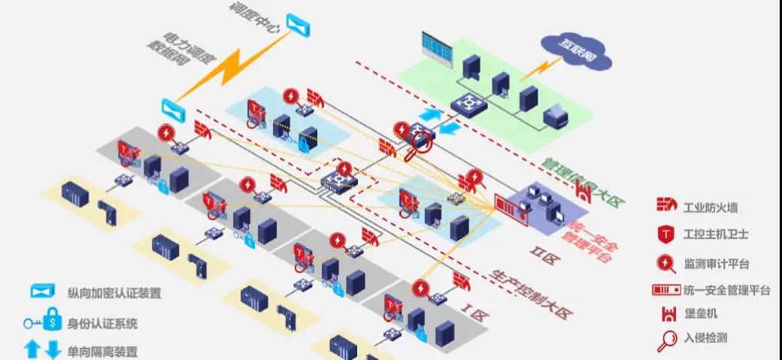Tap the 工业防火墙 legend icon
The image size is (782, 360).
[665, 204]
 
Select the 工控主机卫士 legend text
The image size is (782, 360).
[715, 234]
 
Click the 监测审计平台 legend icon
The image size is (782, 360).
[666, 263]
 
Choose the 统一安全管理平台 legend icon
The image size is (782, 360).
[665, 289]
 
